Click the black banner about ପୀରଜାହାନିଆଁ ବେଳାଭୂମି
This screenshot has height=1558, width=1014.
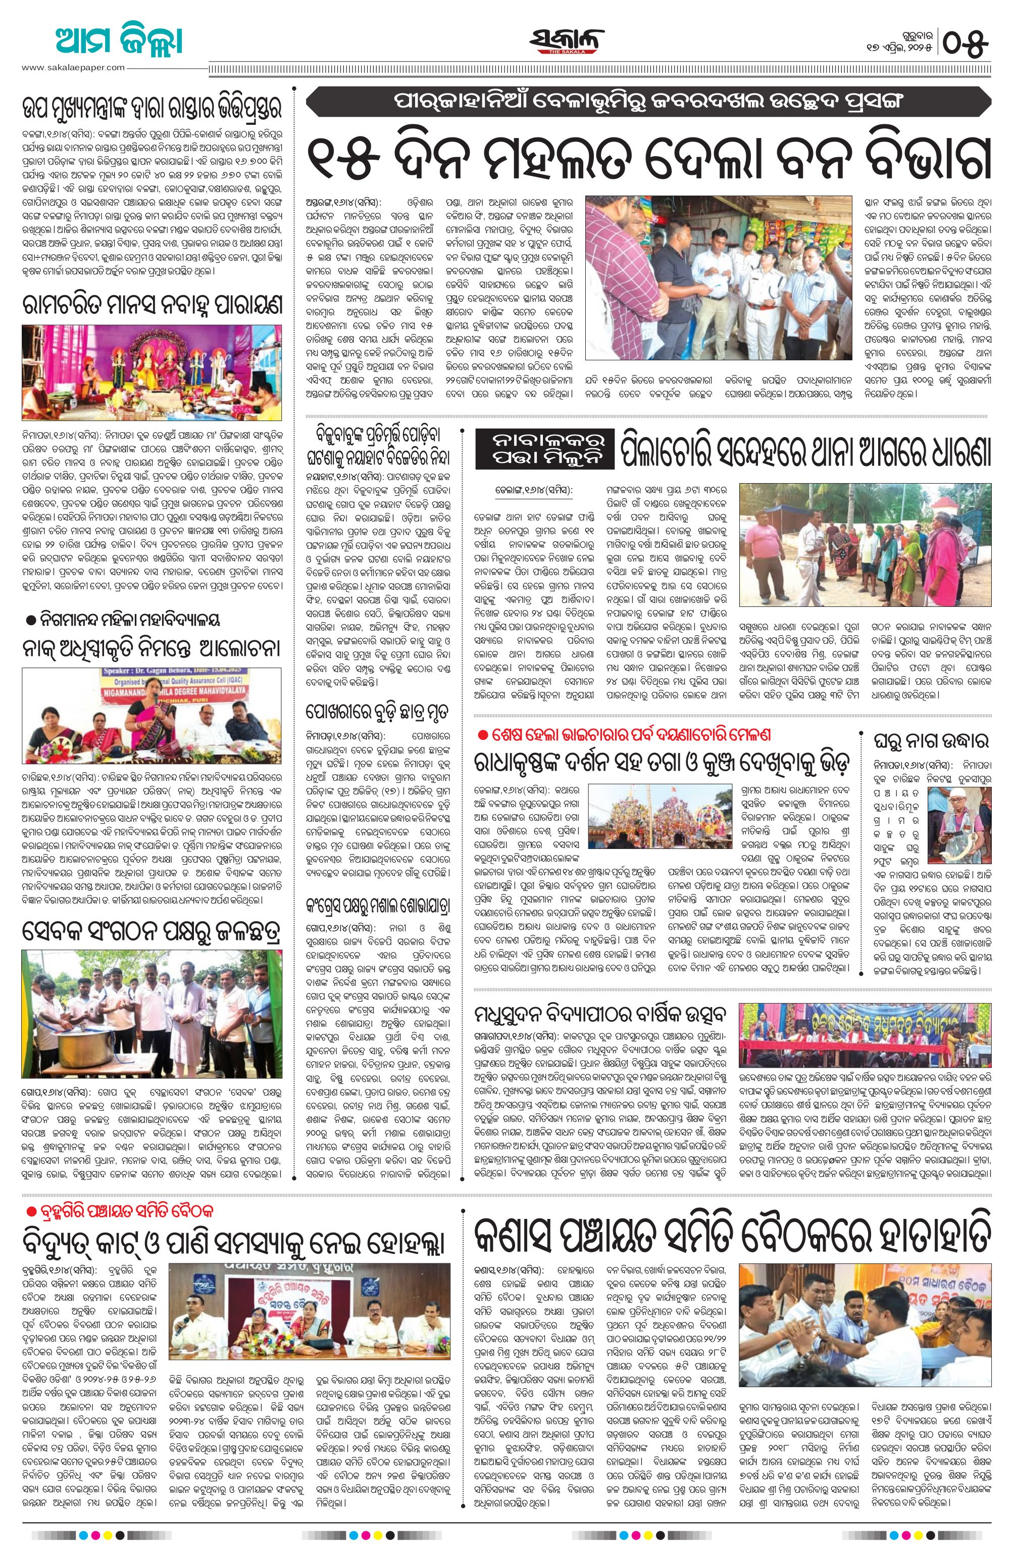[651, 102]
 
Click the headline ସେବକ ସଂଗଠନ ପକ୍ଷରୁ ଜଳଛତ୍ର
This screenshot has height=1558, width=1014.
[152, 929]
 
